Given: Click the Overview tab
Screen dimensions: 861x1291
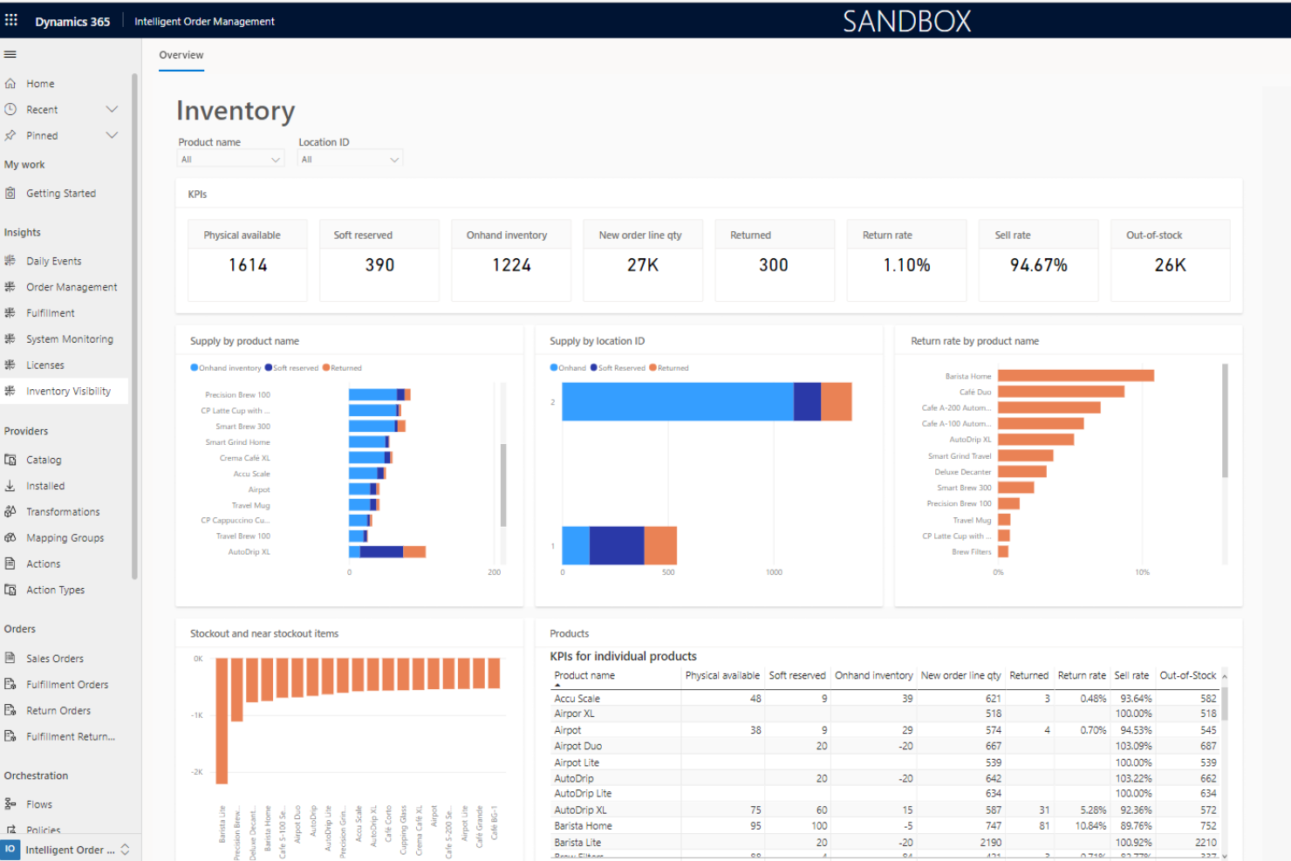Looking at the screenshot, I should click(x=181, y=55).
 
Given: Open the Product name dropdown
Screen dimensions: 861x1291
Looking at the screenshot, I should click(x=230, y=160).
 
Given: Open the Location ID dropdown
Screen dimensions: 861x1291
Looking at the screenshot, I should click(x=350, y=160).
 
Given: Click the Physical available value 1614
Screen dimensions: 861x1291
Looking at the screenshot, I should click(x=248, y=265).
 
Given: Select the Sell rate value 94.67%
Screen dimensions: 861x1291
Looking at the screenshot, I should click(x=1038, y=265).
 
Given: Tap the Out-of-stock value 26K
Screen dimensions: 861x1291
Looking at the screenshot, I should click(x=1170, y=265).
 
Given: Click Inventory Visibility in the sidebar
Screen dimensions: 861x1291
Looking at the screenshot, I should click(x=68, y=392).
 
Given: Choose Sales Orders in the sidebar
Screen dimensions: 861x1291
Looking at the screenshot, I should click(x=55, y=659).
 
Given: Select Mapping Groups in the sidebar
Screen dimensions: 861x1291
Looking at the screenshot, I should click(x=65, y=538).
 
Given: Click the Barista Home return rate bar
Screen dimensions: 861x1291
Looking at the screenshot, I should click(x=1076, y=376).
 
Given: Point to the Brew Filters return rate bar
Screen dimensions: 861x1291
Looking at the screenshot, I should click(x=1003, y=552).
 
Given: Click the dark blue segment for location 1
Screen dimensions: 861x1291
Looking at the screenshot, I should click(x=617, y=546).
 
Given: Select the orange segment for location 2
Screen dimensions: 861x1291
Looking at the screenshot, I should click(x=836, y=402).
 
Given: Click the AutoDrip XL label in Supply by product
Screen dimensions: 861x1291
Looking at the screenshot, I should click(x=249, y=552).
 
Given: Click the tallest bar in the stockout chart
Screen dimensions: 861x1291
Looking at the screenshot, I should click(x=222, y=720).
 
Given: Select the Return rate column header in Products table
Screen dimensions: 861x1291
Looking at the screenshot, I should click(x=1081, y=676).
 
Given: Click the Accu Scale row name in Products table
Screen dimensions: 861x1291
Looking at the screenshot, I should click(x=577, y=699).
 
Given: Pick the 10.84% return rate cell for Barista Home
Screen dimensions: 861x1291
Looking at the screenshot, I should click(x=1090, y=826).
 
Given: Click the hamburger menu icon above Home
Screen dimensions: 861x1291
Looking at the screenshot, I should click(x=10, y=54).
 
